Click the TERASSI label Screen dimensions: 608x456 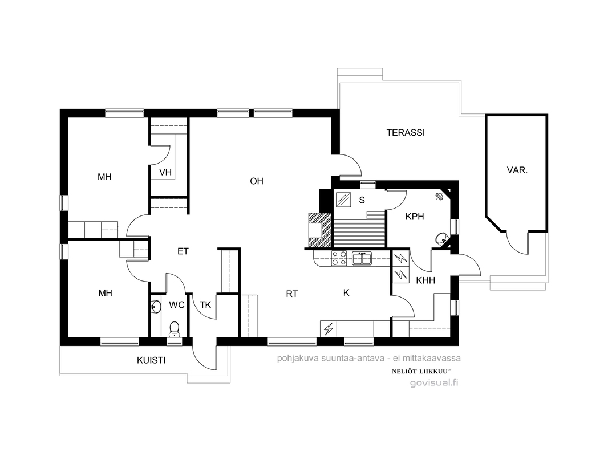point(406,132)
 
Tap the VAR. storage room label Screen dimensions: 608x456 point(517,170)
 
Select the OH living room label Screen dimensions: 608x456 point(257,181)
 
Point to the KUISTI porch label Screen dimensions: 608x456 point(151,360)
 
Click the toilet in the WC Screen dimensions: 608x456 point(175,329)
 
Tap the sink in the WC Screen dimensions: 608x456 point(156,307)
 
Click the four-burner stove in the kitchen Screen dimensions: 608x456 point(339,258)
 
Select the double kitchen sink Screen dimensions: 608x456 point(362,258)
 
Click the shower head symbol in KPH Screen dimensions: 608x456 point(439,196)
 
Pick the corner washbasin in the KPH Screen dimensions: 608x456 point(441,239)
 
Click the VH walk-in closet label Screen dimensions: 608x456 point(165,172)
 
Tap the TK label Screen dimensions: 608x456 point(205,305)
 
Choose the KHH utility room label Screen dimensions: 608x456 point(425,280)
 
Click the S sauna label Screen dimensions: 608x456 point(362,200)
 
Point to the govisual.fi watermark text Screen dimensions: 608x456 point(434,383)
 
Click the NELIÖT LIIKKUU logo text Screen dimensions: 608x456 point(420,371)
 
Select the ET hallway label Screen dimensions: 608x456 point(183,251)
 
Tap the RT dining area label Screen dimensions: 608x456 point(292,294)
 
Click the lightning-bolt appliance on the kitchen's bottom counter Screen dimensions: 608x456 point(329,329)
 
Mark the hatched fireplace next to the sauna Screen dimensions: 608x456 point(320,230)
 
